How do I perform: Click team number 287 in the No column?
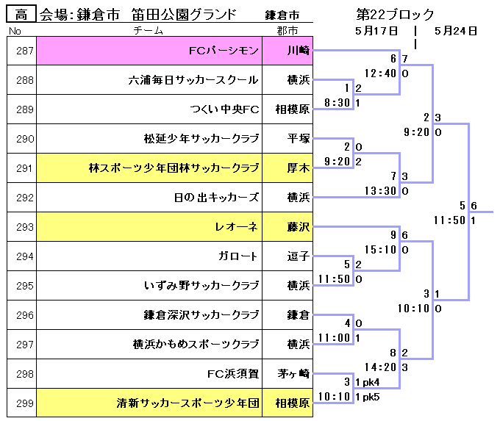click(25, 51)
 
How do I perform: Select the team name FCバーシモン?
click(224, 51)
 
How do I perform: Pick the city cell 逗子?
click(298, 256)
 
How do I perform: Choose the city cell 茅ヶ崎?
click(298, 374)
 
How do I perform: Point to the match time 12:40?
click(380, 73)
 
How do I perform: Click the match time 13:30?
click(380, 191)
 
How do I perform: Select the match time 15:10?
click(380, 250)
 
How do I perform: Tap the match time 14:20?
click(380, 367)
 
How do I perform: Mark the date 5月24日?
click(456, 31)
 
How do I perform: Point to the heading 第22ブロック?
click(395, 15)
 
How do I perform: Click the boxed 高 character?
click(22, 14)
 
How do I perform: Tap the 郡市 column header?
click(287, 31)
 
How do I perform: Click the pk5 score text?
click(371, 397)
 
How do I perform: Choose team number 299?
click(25, 403)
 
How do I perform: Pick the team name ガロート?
click(238, 256)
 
